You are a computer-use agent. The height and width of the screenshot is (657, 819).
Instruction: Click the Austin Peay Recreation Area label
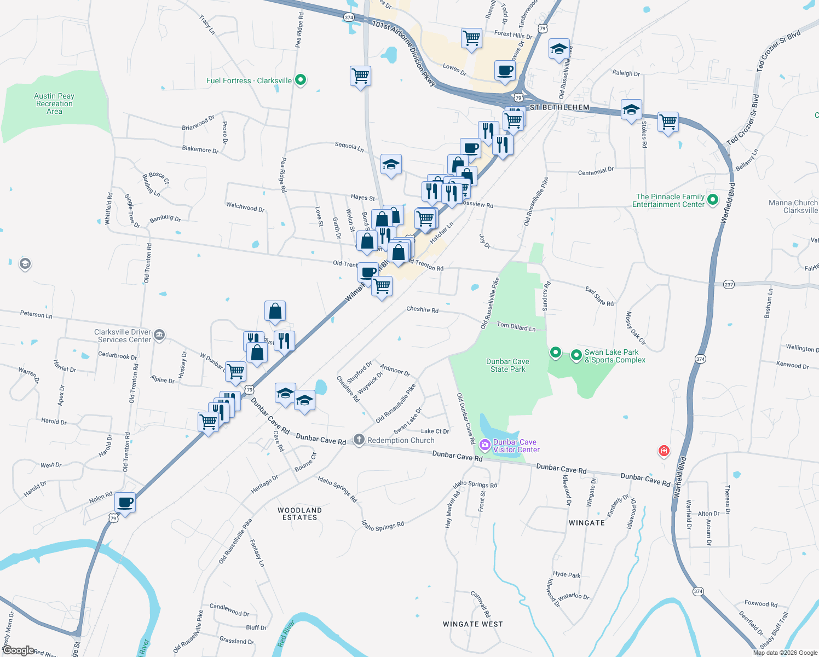[54, 103]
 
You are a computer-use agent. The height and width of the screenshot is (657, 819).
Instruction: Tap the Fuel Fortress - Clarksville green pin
[300, 80]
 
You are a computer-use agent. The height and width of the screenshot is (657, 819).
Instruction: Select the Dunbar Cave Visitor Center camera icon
[485, 445]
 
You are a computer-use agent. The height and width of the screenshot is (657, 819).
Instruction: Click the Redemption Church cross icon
[359, 440]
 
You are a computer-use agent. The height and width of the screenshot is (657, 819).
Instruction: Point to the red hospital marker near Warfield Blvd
[664, 451]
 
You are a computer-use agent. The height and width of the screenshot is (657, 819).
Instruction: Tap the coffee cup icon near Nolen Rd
[125, 502]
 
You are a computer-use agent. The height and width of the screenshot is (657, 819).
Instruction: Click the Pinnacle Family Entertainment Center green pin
[713, 200]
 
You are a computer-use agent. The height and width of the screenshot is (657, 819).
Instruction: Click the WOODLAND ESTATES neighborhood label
[299, 514]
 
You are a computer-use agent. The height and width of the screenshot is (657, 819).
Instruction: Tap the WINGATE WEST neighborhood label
[473, 624]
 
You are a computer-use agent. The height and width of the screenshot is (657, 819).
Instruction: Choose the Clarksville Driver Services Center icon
[159, 335]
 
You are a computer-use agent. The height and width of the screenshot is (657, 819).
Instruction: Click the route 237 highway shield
[729, 285]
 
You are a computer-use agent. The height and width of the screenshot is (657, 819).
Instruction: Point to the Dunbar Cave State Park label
[507, 365]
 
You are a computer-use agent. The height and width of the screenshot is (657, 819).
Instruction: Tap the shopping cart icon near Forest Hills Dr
[471, 38]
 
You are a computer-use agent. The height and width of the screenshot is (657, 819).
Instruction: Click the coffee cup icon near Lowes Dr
[505, 71]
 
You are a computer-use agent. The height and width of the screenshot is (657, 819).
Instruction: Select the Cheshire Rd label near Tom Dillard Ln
[422, 310]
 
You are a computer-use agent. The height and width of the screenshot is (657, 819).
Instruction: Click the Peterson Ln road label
[36, 314]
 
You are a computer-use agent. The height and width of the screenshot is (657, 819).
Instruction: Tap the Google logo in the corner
[18, 650]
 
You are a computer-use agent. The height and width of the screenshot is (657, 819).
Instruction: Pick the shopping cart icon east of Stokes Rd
[668, 122]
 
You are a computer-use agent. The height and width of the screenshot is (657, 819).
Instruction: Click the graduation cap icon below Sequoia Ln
[391, 164]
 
